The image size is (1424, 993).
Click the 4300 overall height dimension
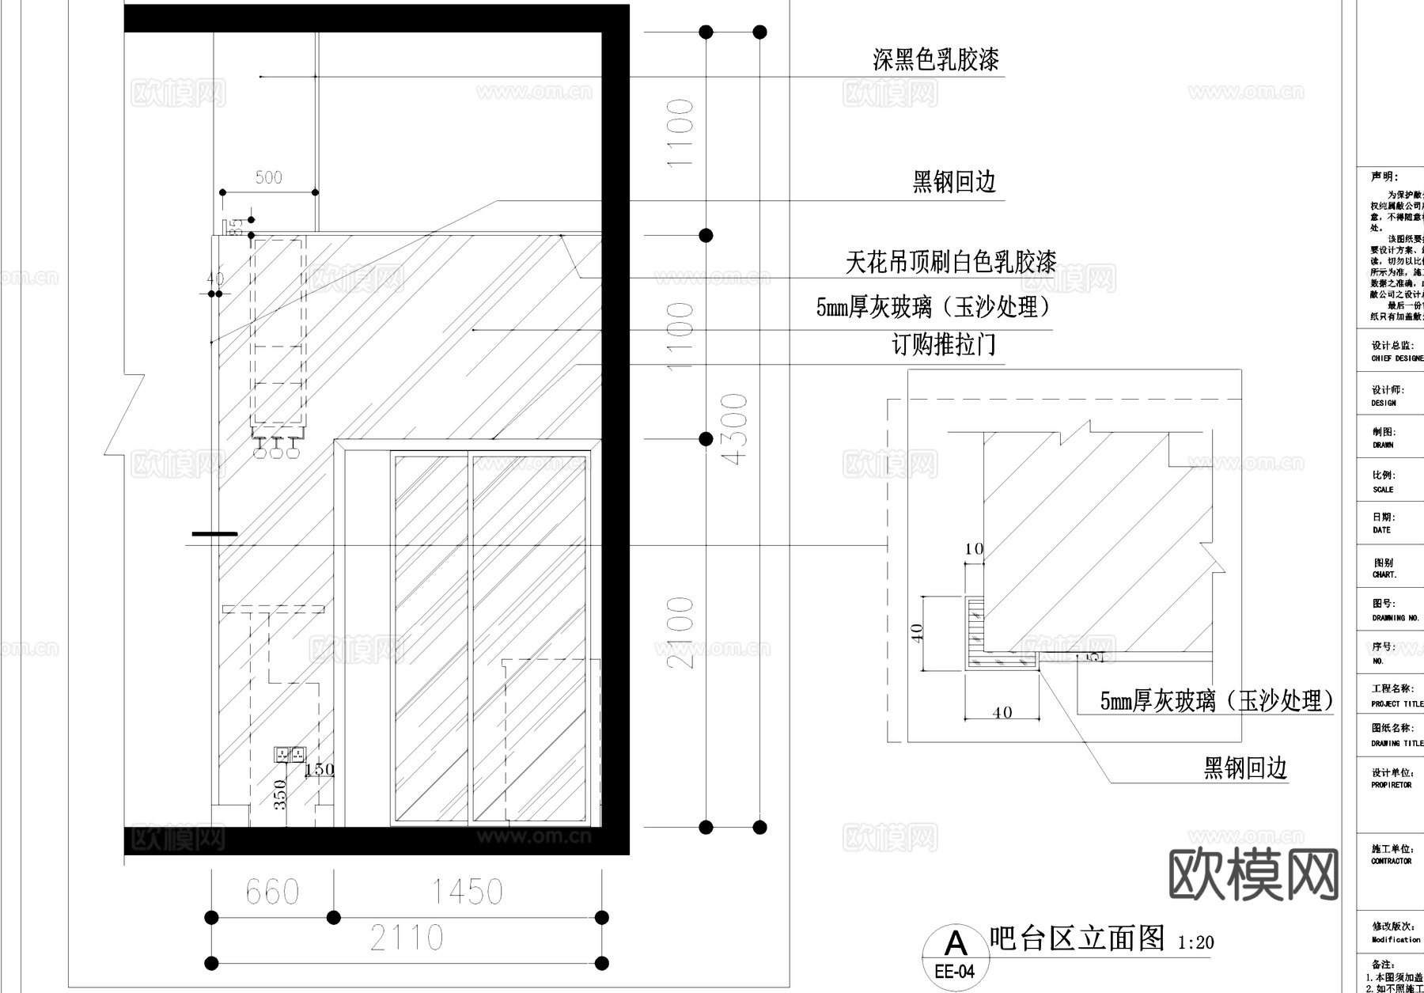(x=735, y=429)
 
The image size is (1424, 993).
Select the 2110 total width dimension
(x=407, y=938)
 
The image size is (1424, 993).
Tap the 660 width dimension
(x=272, y=893)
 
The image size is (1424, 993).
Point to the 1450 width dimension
(x=467, y=893)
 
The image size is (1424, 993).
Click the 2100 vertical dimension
(x=681, y=632)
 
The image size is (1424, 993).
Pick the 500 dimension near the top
(x=268, y=177)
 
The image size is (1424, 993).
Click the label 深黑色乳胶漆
(x=936, y=59)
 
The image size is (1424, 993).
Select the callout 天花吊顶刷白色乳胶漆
(x=950, y=262)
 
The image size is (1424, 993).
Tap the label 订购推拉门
(x=944, y=345)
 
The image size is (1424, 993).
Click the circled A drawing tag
(x=956, y=943)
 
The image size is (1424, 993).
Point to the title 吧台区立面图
(x=1077, y=938)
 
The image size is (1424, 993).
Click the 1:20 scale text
(x=1195, y=943)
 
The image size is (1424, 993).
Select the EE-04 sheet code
(x=955, y=972)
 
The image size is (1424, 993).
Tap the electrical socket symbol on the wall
(x=289, y=753)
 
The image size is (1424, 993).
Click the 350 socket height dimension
(x=280, y=794)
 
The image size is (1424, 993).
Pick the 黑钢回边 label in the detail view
(x=1245, y=767)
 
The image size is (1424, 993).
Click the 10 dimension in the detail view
(x=974, y=548)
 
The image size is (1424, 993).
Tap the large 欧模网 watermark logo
(x=1253, y=875)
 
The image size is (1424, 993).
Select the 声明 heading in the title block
(x=1384, y=177)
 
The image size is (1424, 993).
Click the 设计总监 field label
(x=1392, y=346)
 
